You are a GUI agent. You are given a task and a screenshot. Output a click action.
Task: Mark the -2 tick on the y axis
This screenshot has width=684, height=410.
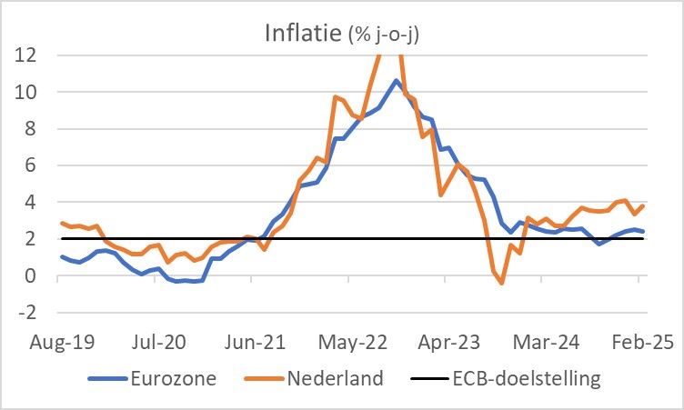pyautogui.click(x=27, y=313)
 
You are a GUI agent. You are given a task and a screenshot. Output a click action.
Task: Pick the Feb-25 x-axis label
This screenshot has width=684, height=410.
pyautogui.click(x=637, y=344)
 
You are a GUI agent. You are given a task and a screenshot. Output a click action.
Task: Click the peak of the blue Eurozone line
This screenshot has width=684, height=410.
pyautogui.click(x=396, y=80)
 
